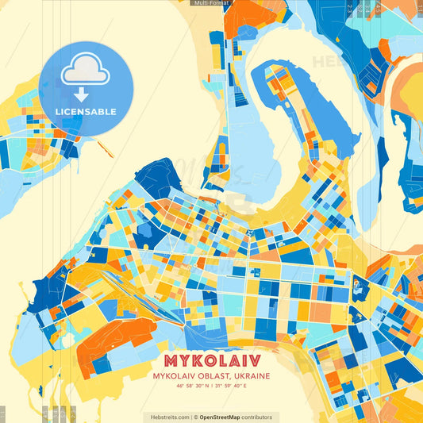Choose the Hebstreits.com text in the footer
click(168, 417)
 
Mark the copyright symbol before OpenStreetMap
click(195, 417)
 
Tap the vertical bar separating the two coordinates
click(212, 386)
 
